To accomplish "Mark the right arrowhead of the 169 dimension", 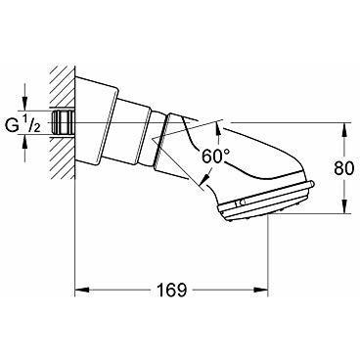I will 264,292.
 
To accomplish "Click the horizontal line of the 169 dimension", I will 137,292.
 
